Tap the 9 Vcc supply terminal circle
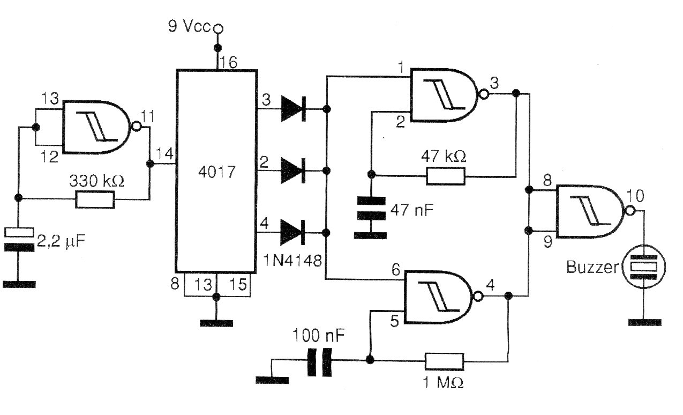tap(217, 27)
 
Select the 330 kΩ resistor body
tap(95, 199)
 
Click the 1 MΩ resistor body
tap(445, 361)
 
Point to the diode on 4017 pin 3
tap(292, 109)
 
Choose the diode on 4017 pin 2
tap(292, 171)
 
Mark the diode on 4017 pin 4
tap(292, 233)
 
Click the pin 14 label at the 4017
tap(163, 154)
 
